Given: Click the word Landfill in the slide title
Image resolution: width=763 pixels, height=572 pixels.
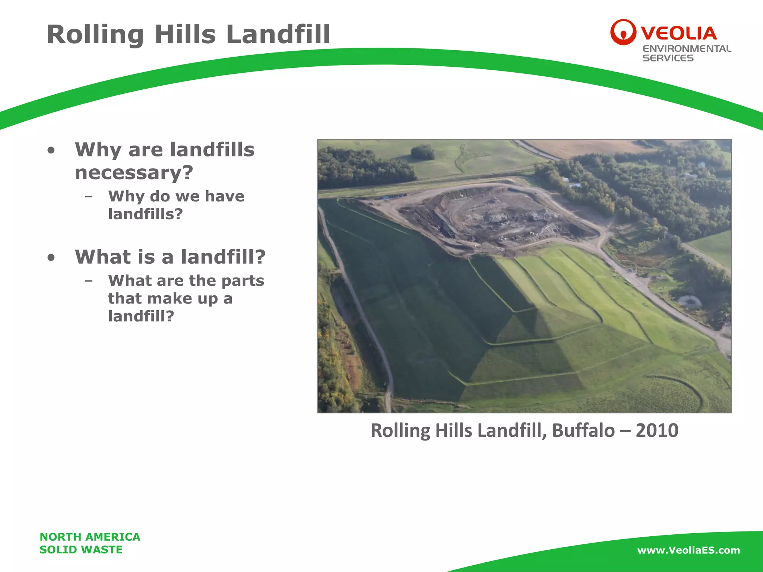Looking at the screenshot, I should pyautogui.click(x=278, y=34).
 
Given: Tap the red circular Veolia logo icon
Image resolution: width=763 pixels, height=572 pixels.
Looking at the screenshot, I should pyautogui.click(x=623, y=32).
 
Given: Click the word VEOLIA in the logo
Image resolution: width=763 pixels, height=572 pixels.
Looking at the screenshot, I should pyautogui.click(x=679, y=34).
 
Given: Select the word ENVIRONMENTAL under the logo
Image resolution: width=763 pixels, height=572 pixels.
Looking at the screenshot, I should pyautogui.click(x=687, y=49).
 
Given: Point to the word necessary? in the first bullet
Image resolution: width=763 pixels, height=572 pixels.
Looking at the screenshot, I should pyautogui.click(x=134, y=173).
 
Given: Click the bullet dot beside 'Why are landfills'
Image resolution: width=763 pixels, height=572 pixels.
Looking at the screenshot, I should pyautogui.click(x=51, y=150).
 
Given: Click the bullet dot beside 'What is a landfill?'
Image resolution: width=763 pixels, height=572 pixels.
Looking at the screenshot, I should pyautogui.click(x=51, y=257).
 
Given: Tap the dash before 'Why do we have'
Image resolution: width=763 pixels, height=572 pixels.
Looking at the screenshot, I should pyautogui.click(x=89, y=197).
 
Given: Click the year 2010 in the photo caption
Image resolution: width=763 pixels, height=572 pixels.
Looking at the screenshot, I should pyautogui.click(x=657, y=430).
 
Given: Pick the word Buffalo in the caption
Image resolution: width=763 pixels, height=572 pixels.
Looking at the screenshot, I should pyautogui.click(x=583, y=430).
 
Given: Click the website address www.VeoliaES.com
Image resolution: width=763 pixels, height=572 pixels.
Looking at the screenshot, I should pyautogui.click(x=688, y=550).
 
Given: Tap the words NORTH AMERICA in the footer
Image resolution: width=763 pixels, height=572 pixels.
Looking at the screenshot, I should pyautogui.click(x=90, y=537).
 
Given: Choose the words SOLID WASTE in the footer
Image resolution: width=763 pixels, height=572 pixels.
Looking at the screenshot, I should pyautogui.click(x=81, y=550).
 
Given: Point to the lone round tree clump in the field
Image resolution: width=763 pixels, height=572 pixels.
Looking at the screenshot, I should pyautogui.click(x=423, y=152).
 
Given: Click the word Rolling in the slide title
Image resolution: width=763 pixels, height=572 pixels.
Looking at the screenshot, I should pyautogui.click(x=95, y=34).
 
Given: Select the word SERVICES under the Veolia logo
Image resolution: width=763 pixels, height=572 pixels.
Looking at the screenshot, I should pyautogui.click(x=668, y=58).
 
